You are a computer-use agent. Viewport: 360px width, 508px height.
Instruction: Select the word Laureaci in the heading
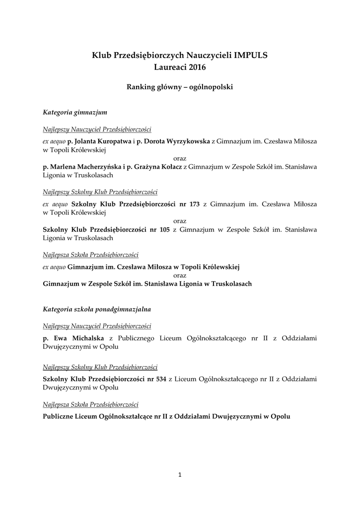pyautogui.click(x=169, y=66)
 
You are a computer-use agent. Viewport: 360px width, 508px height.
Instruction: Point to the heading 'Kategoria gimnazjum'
pyautogui.click(x=75, y=112)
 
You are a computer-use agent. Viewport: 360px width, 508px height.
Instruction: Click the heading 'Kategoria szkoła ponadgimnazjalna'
pyautogui.click(x=97, y=309)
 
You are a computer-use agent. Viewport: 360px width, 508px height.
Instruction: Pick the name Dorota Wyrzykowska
pyautogui.click(x=176, y=141)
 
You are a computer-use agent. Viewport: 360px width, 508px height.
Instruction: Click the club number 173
pyautogui.click(x=194, y=204)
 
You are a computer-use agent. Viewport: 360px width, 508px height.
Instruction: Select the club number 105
pyautogui.click(x=165, y=230)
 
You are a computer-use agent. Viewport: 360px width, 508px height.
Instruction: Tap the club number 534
pyautogui.click(x=160, y=380)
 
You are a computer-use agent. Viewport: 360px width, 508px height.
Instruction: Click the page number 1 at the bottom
pyautogui.click(x=180, y=475)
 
